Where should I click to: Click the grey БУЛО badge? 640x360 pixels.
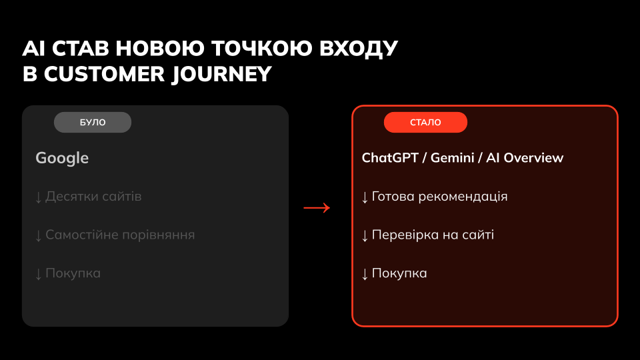coord(93,122)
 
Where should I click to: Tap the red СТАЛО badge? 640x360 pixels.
coord(425,122)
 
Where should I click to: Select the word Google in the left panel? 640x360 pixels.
coord(62,159)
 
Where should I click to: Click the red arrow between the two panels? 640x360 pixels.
coord(317,208)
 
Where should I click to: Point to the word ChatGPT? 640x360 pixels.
coord(390,158)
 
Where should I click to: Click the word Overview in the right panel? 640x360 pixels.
coord(533,158)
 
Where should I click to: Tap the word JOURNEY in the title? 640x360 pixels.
coord(221,74)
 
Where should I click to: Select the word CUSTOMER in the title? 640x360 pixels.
coord(104,74)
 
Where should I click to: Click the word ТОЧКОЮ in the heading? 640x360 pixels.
coord(262,48)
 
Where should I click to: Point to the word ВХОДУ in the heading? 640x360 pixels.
coord(359,49)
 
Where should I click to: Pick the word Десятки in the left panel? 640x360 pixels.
coord(72,196)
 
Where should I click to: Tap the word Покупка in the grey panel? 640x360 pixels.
coord(73,273)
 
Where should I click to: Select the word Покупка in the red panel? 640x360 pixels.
coord(399,273)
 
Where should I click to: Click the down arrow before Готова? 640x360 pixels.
coord(365,197)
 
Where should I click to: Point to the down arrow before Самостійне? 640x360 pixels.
coord(39,236)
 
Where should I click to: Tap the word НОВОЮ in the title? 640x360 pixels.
coord(160,48)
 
